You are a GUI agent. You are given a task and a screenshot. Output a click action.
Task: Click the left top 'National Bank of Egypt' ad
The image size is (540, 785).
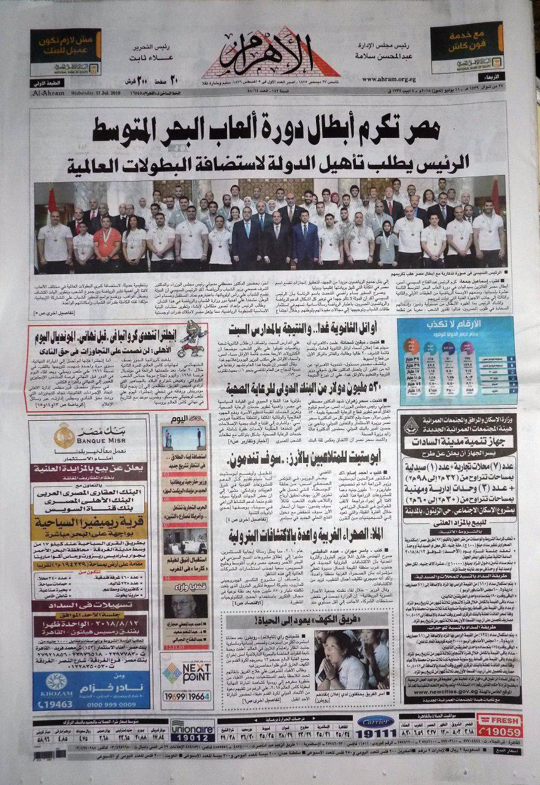point(66,56)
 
